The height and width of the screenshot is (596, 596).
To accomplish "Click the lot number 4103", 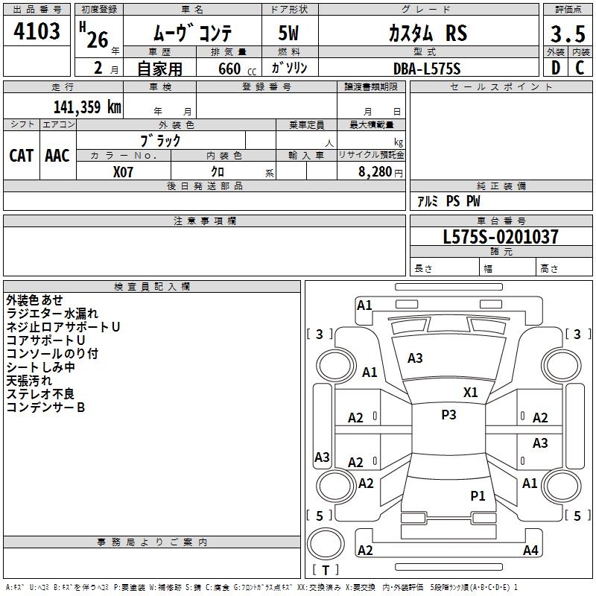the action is [x=37, y=32].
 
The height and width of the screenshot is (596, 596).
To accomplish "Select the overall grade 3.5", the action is [x=566, y=34].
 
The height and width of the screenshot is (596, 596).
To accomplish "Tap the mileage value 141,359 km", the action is [x=87, y=107].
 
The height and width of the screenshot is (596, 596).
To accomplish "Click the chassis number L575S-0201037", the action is [x=501, y=237].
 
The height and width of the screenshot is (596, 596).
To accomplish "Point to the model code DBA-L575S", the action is [x=428, y=69].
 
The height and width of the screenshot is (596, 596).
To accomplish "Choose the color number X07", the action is [x=124, y=171].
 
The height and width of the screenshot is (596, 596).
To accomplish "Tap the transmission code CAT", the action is [x=21, y=155].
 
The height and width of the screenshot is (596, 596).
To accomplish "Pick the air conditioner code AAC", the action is [x=57, y=155].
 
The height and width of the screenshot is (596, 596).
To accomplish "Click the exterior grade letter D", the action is [x=555, y=69].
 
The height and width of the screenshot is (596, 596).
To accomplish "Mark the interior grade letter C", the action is [x=580, y=69].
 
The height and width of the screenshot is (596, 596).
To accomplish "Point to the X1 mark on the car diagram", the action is [x=471, y=393].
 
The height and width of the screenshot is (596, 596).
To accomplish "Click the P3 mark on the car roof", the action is [x=448, y=415].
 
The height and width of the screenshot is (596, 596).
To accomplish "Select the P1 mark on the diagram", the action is [x=478, y=495].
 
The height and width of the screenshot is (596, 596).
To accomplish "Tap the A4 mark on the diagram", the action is [x=530, y=551].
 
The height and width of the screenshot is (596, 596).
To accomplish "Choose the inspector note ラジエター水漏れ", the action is [x=52, y=314].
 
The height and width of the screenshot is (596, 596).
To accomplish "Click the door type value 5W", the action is [x=289, y=34].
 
